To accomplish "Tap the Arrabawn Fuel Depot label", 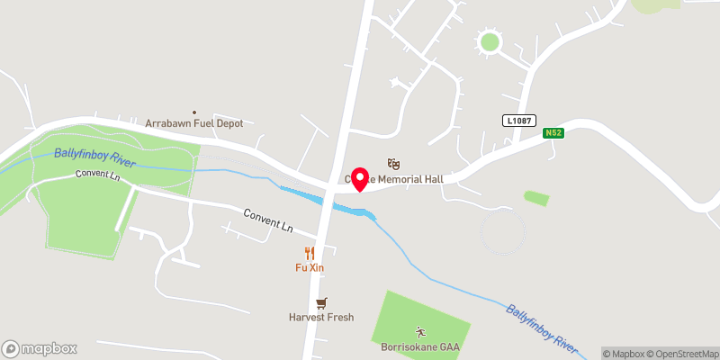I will [194, 122].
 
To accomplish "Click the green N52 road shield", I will [553, 134].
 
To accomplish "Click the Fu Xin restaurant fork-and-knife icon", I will [310, 253].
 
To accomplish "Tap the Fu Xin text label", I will [310, 267].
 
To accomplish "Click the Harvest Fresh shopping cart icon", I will [320, 303].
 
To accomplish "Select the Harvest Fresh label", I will [321, 317].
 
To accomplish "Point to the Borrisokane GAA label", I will [419, 346].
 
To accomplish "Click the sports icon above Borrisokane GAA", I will [419, 332].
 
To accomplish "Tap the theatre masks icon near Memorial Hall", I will [392, 163].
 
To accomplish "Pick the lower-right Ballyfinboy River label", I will [539, 328].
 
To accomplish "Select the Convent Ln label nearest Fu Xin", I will [268, 221].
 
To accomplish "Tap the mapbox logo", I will [40, 348].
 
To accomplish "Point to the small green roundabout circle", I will [489, 41].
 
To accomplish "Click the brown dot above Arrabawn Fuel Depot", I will [193, 112].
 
